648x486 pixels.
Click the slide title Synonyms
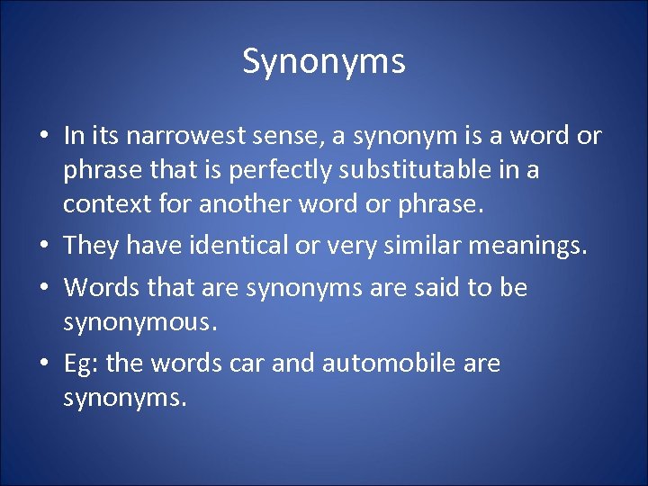324,61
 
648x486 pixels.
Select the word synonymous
139,321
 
